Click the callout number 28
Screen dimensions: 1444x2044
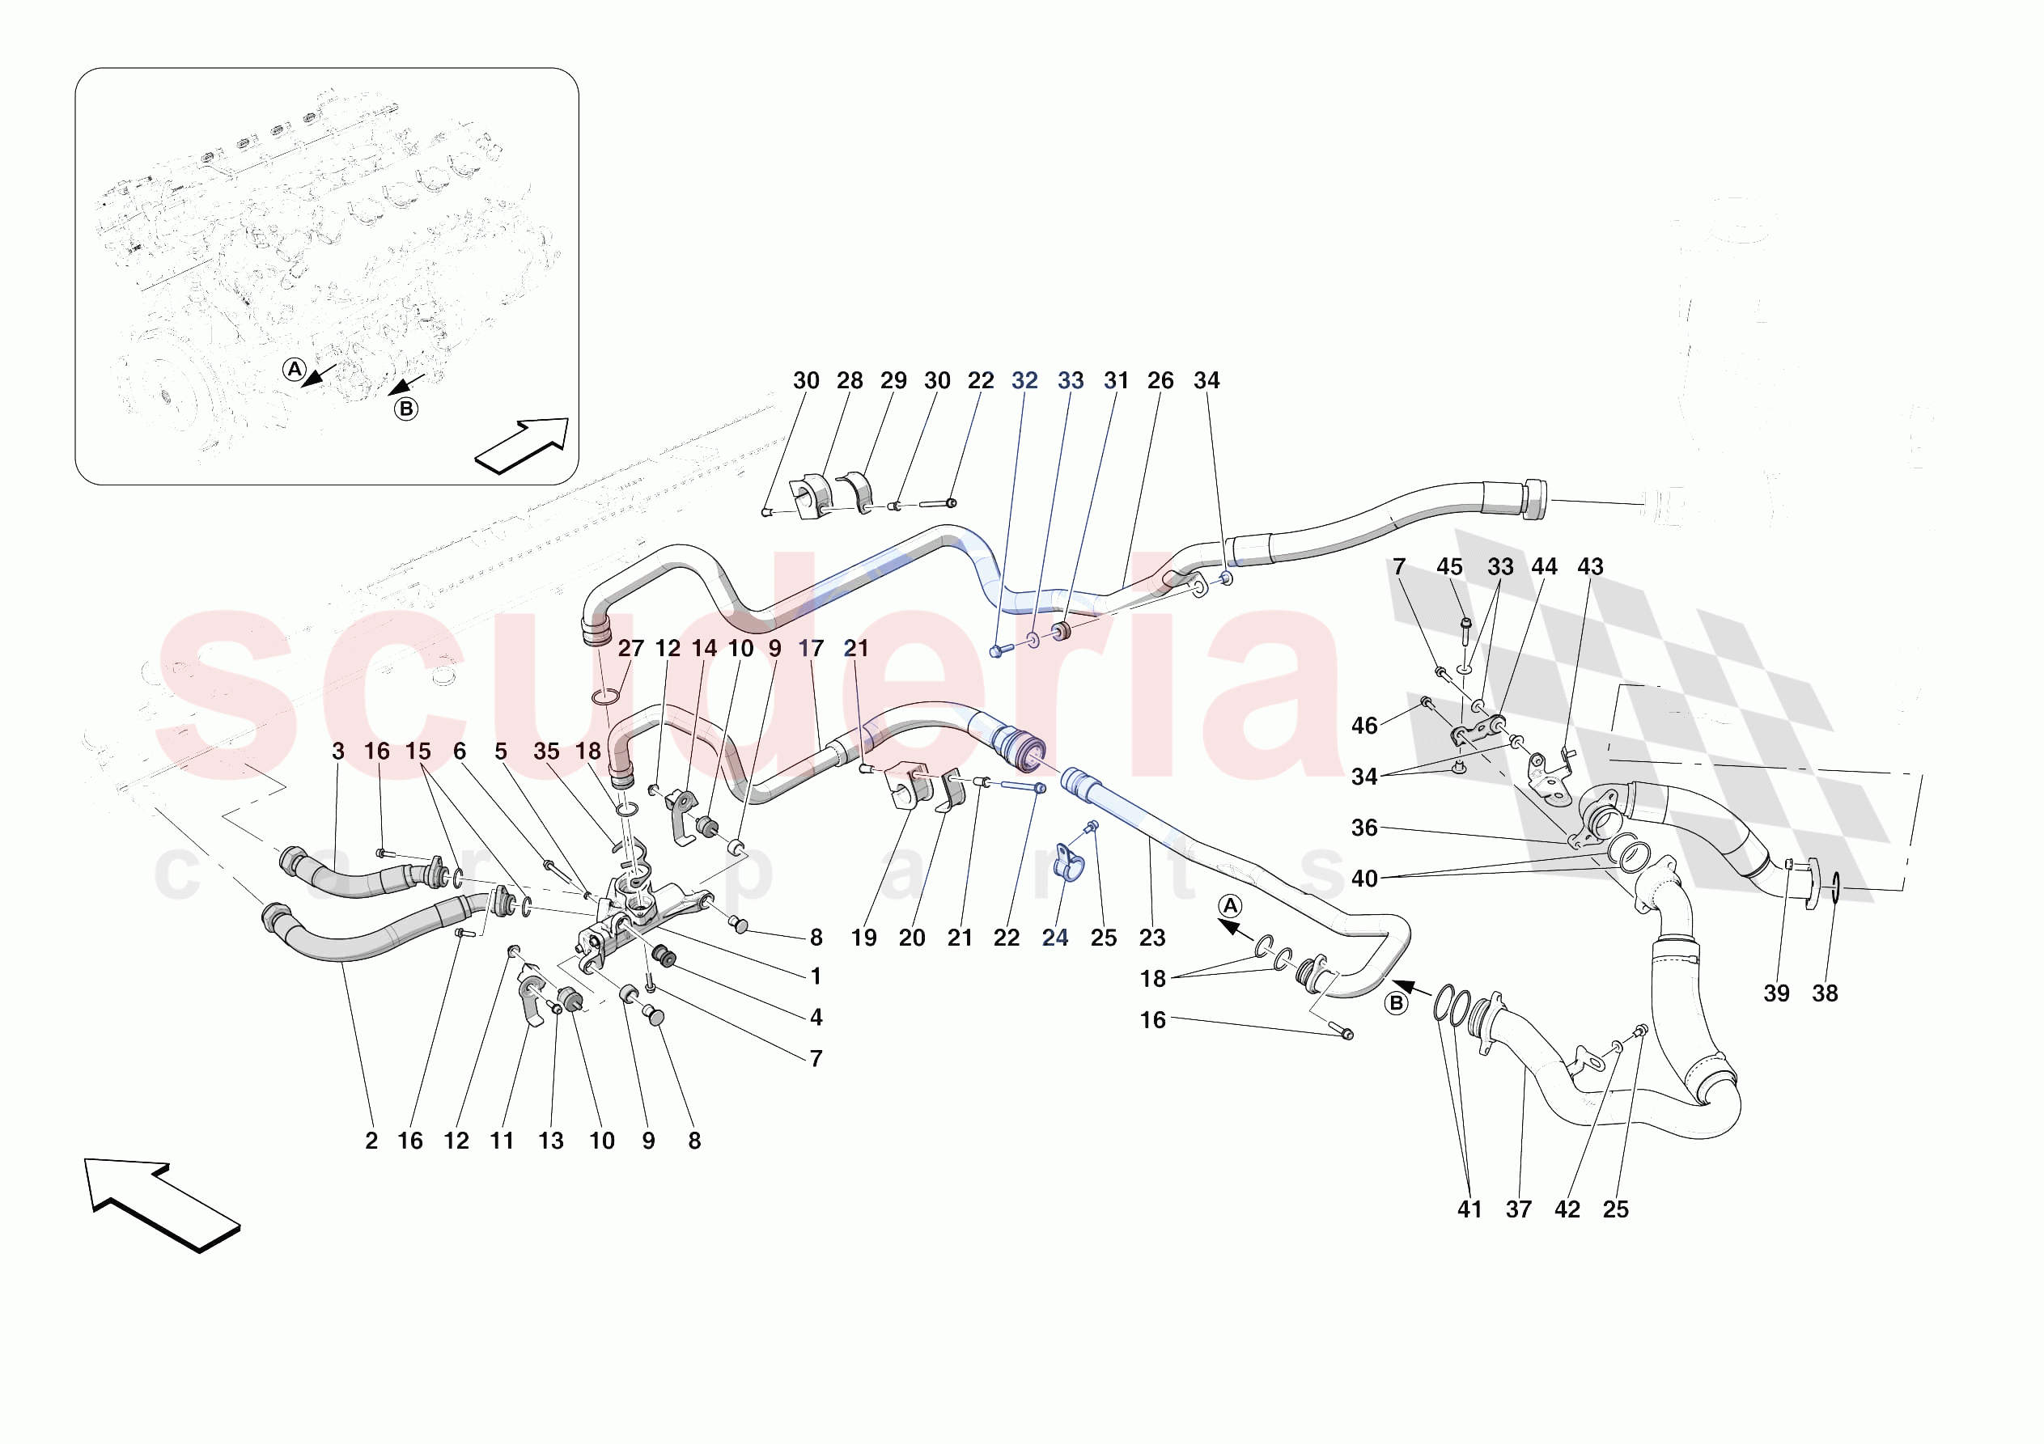pyautogui.click(x=850, y=381)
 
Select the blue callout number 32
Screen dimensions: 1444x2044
pyautogui.click(x=1024, y=381)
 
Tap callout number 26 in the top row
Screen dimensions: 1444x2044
pyautogui.click(x=1160, y=381)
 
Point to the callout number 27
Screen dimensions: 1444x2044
pyautogui.click(x=630, y=649)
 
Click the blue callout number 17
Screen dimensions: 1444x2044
pyautogui.click(x=810, y=649)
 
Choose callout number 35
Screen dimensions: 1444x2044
pyautogui.click(x=547, y=752)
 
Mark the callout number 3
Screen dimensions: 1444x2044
pyautogui.click(x=337, y=752)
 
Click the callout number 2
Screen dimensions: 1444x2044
pyautogui.click(x=371, y=1141)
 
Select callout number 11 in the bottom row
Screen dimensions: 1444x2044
pyautogui.click(x=502, y=1141)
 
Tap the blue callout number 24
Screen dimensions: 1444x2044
pyautogui.click(x=1055, y=938)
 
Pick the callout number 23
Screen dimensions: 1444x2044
pyautogui.click(x=1152, y=938)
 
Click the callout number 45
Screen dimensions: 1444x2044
pyautogui.click(x=1449, y=567)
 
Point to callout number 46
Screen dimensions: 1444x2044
pyautogui.click(x=1363, y=726)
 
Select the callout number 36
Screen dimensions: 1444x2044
pyautogui.click(x=1363, y=829)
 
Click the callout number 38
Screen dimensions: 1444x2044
pyautogui.click(x=1825, y=993)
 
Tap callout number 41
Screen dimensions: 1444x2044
pyautogui.click(x=1469, y=1210)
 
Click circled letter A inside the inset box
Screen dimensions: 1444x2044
pyautogui.click(x=295, y=370)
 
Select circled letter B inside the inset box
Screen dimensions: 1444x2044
pyautogui.click(x=406, y=409)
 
